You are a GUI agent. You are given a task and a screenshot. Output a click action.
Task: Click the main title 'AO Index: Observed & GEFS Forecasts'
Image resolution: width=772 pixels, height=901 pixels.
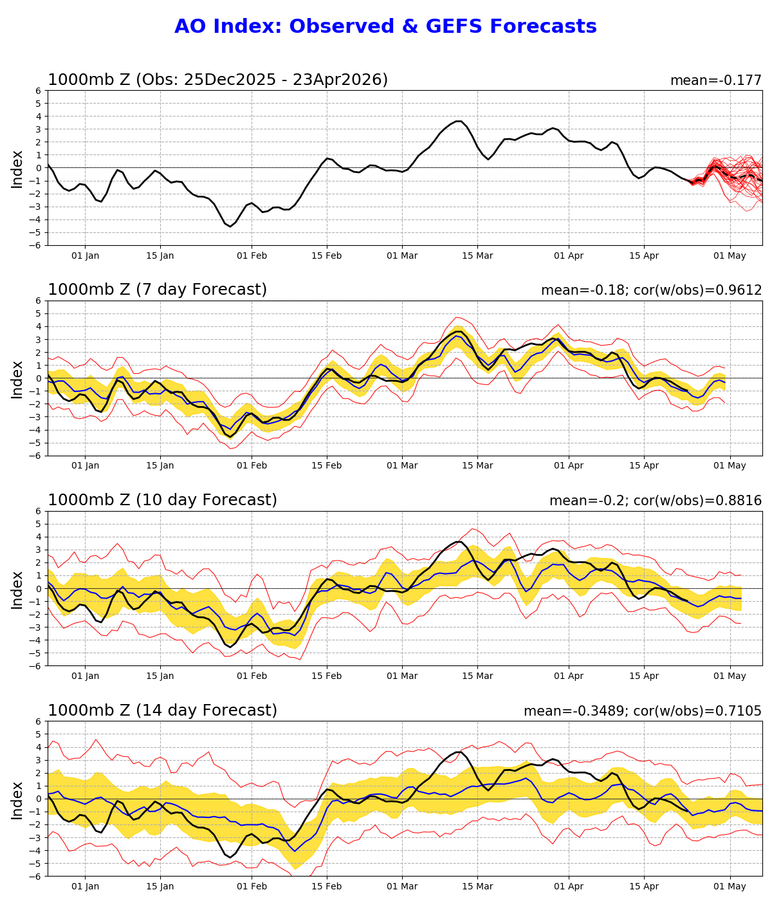click(x=385, y=26)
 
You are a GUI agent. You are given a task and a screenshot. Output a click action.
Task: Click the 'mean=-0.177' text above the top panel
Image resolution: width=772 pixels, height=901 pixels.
click(x=715, y=81)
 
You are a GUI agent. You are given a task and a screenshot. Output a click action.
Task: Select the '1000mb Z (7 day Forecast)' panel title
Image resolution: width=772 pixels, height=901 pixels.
click(x=157, y=290)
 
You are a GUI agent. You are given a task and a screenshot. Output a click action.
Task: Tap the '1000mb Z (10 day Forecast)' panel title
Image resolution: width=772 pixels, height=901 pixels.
click(x=162, y=501)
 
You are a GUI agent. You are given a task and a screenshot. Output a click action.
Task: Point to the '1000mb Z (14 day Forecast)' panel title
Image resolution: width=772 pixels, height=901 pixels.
click(x=162, y=711)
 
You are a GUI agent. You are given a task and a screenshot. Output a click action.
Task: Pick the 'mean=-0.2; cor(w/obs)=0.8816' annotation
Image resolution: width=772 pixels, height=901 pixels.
click(x=655, y=501)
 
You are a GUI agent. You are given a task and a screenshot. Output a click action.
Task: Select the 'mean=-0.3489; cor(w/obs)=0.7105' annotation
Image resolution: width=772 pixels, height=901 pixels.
click(x=642, y=712)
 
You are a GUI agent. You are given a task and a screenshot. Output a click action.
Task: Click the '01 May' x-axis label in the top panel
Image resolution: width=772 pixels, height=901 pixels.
click(x=730, y=256)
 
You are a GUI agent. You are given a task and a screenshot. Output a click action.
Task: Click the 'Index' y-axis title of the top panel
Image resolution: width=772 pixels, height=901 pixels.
click(x=17, y=169)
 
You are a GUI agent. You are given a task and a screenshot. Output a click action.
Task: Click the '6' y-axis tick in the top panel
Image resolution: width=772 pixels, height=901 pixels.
click(x=39, y=91)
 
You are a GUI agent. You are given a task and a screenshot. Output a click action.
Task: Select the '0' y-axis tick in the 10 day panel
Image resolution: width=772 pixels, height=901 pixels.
click(x=39, y=588)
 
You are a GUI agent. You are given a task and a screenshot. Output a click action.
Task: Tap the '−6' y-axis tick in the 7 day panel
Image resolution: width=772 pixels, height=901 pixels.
click(x=36, y=456)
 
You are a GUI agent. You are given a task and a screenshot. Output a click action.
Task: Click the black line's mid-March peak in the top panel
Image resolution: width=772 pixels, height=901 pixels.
click(x=459, y=121)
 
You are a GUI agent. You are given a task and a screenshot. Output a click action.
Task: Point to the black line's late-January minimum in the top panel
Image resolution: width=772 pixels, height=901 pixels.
click(x=230, y=227)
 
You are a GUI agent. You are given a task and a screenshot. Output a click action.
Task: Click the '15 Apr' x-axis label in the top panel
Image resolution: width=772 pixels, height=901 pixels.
click(x=643, y=256)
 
